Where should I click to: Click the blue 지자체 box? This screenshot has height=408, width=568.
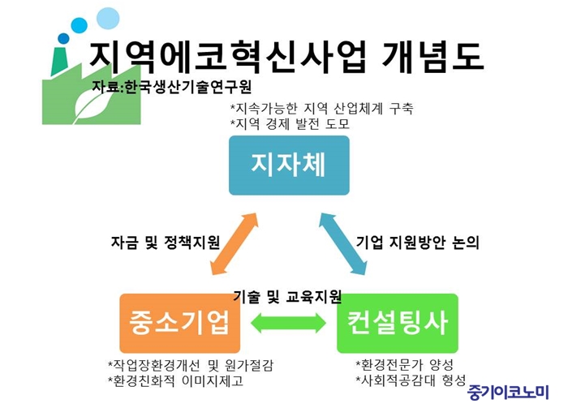pyautogui.click(x=289, y=165)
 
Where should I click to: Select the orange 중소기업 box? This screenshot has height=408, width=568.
pyautogui.click(x=180, y=324)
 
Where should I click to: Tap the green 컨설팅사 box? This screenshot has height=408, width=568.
pyautogui.click(x=398, y=324)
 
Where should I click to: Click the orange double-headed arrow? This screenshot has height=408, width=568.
pyautogui.click(x=234, y=243)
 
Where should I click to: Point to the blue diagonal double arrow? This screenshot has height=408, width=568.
pyautogui.click(x=342, y=243)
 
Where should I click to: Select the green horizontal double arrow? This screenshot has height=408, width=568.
pyautogui.click(x=288, y=323)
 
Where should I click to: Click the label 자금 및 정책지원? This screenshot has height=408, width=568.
pyautogui.click(x=166, y=243)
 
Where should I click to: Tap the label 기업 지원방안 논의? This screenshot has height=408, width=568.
pyautogui.click(x=418, y=243)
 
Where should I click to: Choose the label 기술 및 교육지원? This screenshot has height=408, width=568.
pyautogui.click(x=287, y=297)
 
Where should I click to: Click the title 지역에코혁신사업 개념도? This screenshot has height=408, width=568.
pyautogui.click(x=286, y=56)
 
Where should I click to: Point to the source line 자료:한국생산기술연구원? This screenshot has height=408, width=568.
pyautogui.click(x=171, y=87)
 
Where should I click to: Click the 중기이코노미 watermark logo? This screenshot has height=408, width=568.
pyautogui.click(x=508, y=392)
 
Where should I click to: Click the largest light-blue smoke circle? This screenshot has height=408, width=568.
pyautogui.click(x=108, y=18)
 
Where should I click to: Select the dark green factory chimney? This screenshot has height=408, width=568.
pyautogui.click(x=60, y=62)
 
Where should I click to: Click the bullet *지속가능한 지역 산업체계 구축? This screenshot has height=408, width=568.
pyautogui.click(x=321, y=108)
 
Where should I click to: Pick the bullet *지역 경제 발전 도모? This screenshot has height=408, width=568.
pyautogui.click(x=290, y=124)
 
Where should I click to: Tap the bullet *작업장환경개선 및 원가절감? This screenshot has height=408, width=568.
pyautogui.click(x=191, y=365)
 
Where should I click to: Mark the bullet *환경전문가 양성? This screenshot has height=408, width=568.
pyautogui.click(x=405, y=365)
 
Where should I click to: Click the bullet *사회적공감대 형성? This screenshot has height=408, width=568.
pyautogui.click(x=411, y=380)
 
